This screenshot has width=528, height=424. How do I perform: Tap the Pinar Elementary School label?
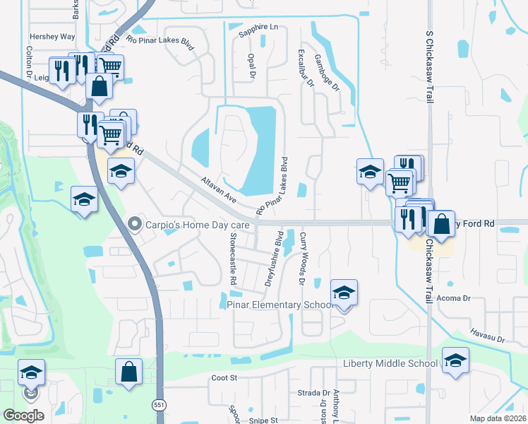pyautogui.click(x=280, y=305)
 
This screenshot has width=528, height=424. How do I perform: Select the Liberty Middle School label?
pyautogui.click(x=390, y=363)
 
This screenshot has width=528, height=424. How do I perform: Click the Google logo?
pyautogui.click(x=23, y=416)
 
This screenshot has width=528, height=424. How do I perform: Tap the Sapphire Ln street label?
pyautogui.click(x=258, y=30)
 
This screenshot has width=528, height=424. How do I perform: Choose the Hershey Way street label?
pyautogui.click(x=52, y=36)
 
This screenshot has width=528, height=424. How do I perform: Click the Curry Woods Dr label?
pyautogui.click(x=302, y=259)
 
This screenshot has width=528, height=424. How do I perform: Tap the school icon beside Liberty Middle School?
pyautogui.click(x=455, y=360)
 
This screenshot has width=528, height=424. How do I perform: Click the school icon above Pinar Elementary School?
pyautogui.click(x=344, y=293)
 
